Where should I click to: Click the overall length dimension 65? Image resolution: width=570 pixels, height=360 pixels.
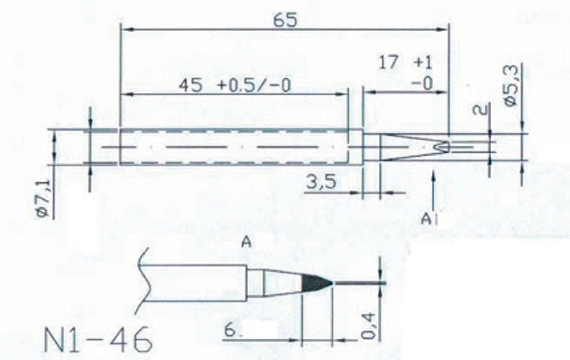[x=286, y=20]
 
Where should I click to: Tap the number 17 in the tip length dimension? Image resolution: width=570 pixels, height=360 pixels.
[x=389, y=62]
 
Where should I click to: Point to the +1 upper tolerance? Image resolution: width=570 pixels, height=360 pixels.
[x=423, y=63]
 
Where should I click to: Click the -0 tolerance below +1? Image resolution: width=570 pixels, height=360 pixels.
[x=422, y=83]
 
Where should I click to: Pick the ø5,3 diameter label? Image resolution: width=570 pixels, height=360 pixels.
[x=513, y=87]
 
